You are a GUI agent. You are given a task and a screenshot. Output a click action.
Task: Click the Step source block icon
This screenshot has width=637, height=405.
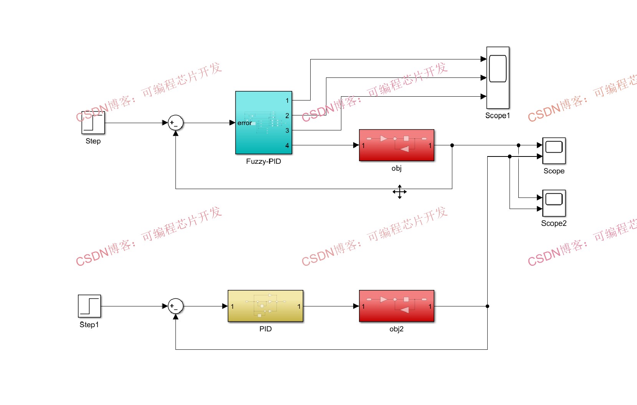93,123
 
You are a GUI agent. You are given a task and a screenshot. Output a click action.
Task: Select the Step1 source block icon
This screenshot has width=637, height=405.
89,306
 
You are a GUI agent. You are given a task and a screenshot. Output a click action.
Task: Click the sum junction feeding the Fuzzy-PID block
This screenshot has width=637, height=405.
175,123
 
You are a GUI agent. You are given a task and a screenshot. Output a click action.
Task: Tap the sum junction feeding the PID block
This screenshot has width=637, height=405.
175,306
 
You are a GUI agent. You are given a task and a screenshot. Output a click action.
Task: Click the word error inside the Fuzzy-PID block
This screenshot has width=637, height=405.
245,123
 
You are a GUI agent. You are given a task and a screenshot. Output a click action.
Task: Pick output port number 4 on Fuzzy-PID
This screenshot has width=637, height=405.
287,145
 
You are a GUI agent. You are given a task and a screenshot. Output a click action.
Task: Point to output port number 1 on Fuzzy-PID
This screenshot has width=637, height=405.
287,100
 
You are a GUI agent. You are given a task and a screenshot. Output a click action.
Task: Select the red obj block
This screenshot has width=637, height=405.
396,145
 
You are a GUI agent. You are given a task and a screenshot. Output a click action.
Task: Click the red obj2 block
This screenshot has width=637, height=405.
396,306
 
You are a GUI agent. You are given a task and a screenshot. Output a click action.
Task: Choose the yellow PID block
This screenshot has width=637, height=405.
265,306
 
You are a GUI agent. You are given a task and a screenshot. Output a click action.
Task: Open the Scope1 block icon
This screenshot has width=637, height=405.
498,78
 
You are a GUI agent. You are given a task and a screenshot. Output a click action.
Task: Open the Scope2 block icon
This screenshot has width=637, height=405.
554,203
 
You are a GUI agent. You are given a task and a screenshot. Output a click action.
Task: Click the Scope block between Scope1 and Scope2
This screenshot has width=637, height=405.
554,151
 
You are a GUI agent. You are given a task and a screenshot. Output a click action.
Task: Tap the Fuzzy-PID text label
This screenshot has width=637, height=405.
263,161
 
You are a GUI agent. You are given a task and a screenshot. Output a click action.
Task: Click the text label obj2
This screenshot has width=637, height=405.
396,329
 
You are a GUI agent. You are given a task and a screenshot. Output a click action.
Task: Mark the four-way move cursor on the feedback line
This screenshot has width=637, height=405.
399,192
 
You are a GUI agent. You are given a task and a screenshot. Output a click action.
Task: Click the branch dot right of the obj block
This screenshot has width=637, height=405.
452,145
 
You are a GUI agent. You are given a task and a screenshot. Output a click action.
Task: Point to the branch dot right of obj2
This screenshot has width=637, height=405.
487,306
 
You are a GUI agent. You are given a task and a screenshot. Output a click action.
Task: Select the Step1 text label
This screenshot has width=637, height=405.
89,325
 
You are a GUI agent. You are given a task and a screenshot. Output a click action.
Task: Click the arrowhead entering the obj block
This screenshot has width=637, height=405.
356,145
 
